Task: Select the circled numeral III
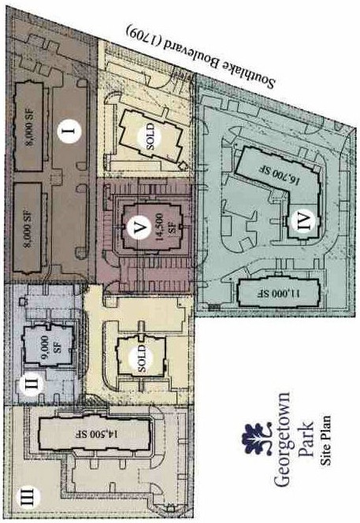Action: pos(28,498)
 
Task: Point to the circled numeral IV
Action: pos(303,221)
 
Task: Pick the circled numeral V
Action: pos(139,228)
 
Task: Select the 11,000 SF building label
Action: pos(280,293)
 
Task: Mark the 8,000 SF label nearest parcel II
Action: pos(28,227)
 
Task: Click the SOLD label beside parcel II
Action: pos(142,359)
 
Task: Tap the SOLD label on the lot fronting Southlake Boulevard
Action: pos(150,136)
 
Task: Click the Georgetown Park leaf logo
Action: pos(256,439)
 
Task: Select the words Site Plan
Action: pos(325,440)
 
